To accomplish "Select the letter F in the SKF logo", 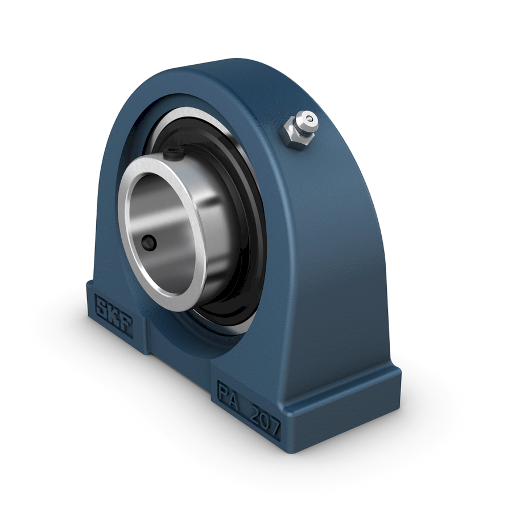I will (x=126, y=326).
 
